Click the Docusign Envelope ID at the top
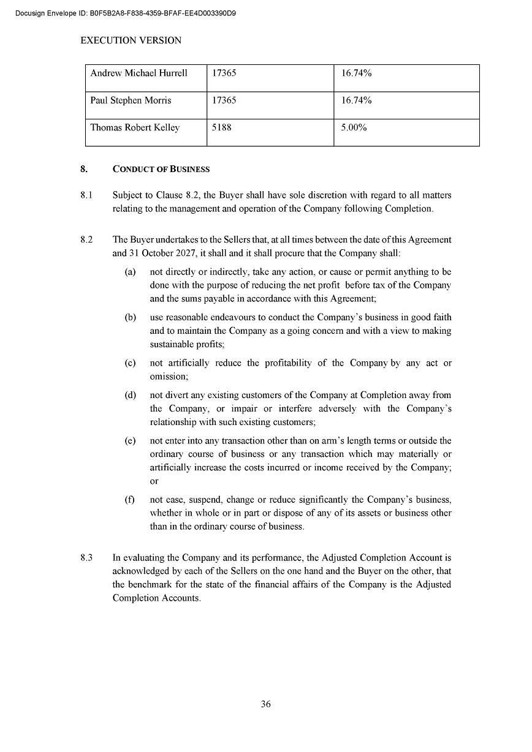point(125,13)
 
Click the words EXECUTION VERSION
point(131,40)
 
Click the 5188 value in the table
point(222,128)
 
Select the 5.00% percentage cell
point(354,128)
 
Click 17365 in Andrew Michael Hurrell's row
point(224,73)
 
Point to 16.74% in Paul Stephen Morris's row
point(357,100)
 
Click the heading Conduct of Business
point(161,169)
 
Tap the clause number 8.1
point(86,195)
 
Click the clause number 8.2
point(86,240)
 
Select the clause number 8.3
point(86,558)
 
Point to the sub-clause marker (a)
point(130,272)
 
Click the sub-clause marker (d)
point(130,395)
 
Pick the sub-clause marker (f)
point(130,500)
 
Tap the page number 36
point(266,704)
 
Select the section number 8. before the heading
point(84,169)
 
